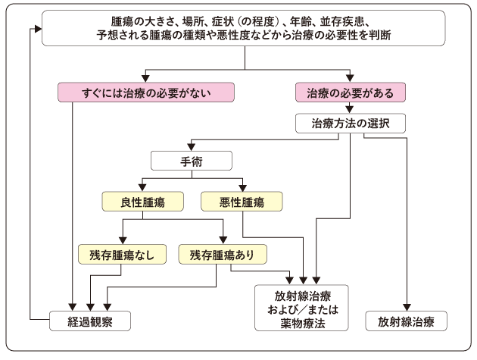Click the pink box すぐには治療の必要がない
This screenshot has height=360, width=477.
click(145, 93)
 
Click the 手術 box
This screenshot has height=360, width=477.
click(191, 161)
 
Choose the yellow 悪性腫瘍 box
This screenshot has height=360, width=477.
click(242, 201)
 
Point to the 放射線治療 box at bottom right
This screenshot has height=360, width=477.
click(407, 321)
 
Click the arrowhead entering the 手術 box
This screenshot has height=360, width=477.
click(191, 149)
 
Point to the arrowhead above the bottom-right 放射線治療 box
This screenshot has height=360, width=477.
click(407, 305)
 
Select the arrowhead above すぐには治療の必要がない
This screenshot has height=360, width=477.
click(145, 79)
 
